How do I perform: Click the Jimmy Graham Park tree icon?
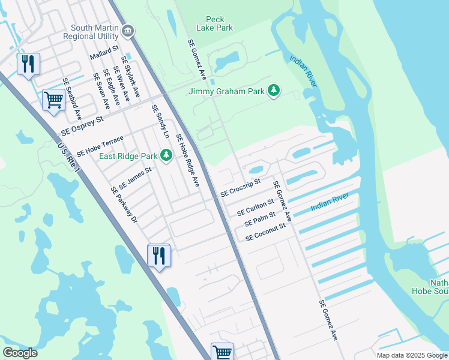tap(274, 91)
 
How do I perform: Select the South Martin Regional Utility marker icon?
tap(127, 31)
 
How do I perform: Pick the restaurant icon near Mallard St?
tap(28, 63)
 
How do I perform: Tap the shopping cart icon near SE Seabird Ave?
tap(53, 100)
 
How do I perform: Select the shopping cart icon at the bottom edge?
tap(222, 352)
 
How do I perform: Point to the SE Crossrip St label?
tap(241, 188)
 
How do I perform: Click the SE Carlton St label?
tap(255, 207)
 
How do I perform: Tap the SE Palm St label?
tap(260, 219)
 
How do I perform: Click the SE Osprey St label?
tap(82, 127)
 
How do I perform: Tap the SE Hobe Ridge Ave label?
tap(187, 160)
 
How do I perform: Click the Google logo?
tap(20, 353)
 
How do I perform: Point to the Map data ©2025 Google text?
tap(411, 355)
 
